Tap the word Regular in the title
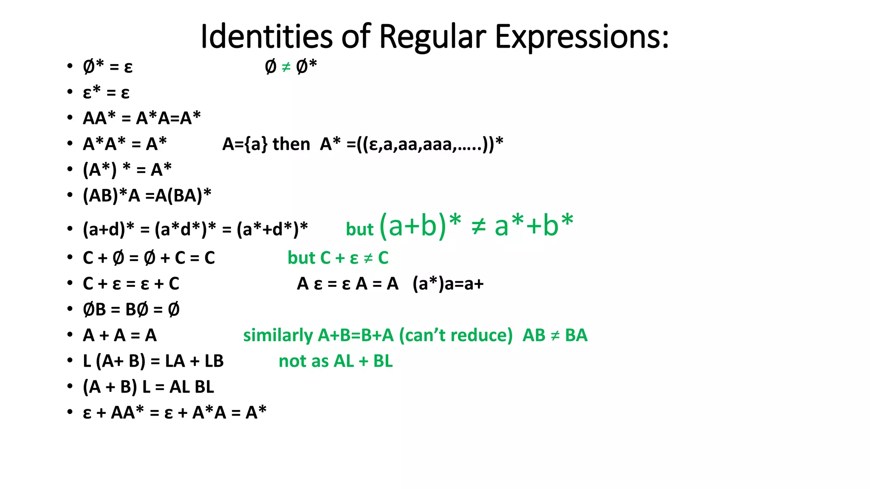click(432, 37)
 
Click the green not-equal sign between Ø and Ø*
click(286, 67)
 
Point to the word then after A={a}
click(291, 144)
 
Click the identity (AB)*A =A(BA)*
click(147, 196)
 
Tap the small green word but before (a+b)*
click(359, 230)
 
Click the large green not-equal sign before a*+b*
click(478, 226)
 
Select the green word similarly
click(278, 335)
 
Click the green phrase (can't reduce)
click(456, 335)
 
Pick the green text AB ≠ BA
click(555, 335)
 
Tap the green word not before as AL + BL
click(292, 361)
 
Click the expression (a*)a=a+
click(448, 284)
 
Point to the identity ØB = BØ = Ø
click(131, 309)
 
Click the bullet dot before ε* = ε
click(70, 92)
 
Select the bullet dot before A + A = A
click(70, 334)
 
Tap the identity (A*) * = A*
click(127, 170)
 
